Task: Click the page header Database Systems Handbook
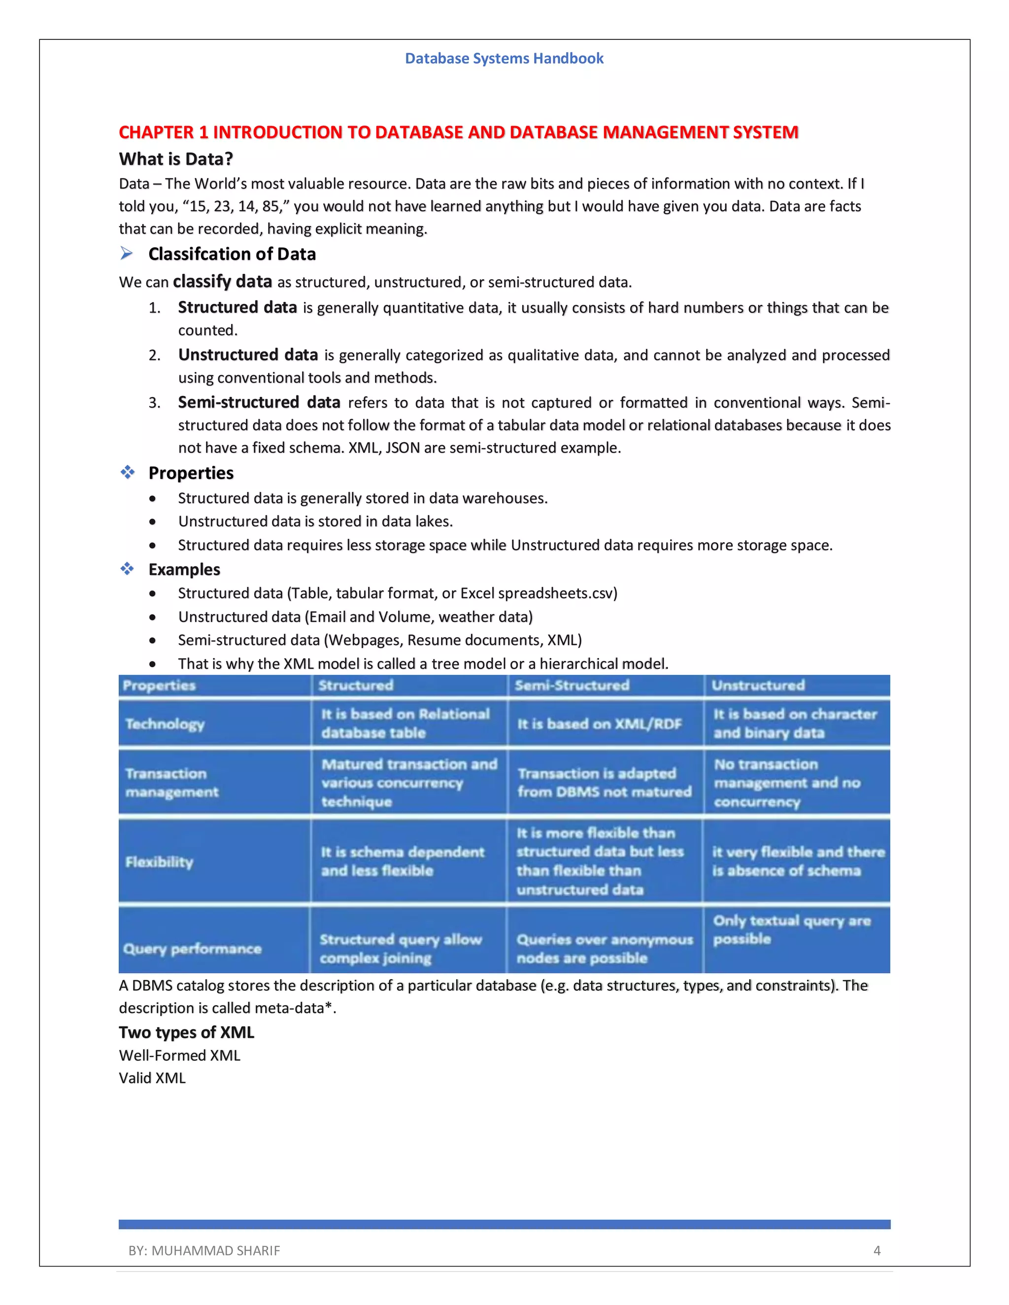tap(504, 59)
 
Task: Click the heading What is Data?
tap(176, 159)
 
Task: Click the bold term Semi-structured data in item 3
tap(259, 402)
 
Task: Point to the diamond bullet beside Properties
tap(127, 473)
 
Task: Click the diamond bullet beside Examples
tap(127, 569)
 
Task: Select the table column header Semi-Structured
tap(572, 685)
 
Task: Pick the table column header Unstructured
tap(758, 685)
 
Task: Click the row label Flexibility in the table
tap(160, 862)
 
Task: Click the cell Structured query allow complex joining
tap(401, 948)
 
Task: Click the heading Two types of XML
tap(187, 1033)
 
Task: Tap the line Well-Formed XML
tap(179, 1056)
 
